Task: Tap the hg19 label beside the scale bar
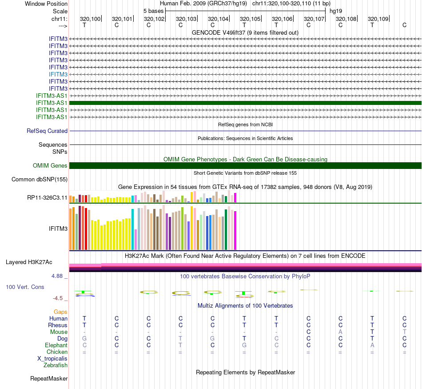[335, 11]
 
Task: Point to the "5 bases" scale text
[153, 11]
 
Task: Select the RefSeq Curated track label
[47, 131]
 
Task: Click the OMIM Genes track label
[50, 166]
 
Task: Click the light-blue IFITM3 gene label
[58, 74]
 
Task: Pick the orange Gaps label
[60, 312]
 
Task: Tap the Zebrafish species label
[56, 365]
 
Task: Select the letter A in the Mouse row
[340, 332]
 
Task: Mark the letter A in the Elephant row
[372, 345]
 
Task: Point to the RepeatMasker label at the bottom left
[49, 379]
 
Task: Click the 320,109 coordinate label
[378, 19]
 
